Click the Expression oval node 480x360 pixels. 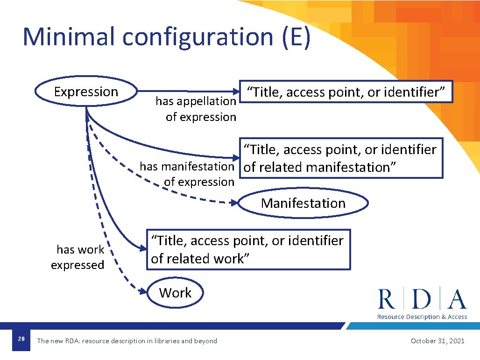[86, 92]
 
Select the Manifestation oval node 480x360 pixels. [303, 203]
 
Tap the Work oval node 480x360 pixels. [175, 293]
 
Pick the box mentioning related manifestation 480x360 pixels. [341, 158]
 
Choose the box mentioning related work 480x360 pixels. [249, 249]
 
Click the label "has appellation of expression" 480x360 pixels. [196, 109]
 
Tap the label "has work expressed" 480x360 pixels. [78, 257]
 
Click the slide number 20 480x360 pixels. [21, 339]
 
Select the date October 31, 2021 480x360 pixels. [437, 341]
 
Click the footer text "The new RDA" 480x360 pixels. [127, 341]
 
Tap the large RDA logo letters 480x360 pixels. [422, 299]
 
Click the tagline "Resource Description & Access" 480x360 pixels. [422, 317]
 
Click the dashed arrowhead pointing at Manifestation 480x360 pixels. [235, 203]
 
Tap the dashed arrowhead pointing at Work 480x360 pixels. [144, 292]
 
